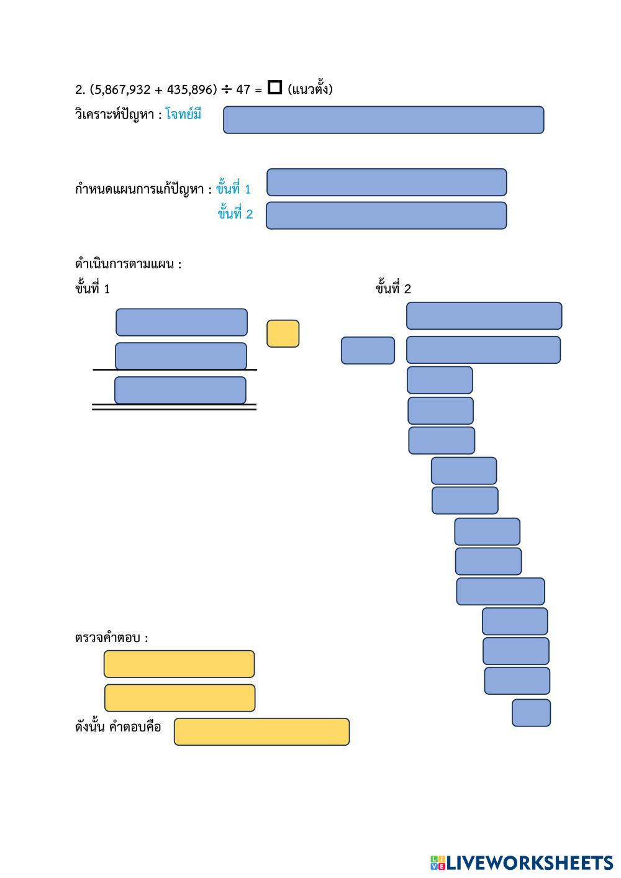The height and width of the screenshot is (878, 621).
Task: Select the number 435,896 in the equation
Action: [x=190, y=90]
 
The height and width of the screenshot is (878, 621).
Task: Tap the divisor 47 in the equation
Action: [x=243, y=90]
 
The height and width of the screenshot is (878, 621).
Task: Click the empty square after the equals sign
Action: [x=274, y=87]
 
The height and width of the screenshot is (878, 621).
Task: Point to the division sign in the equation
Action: [x=226, y=90]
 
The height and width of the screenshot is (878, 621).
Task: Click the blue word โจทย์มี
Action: [x=183, y=114]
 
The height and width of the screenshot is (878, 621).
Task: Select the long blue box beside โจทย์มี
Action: [x=383, y=120]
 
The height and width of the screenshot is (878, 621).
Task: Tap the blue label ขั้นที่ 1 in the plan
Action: [x=233, y=188]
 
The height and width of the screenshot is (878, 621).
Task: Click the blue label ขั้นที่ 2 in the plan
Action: [x=235, y=213]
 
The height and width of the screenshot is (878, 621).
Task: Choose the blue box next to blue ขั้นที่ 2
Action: [x=386, y=215]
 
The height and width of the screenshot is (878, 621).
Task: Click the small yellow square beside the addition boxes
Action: [x=283, y=333]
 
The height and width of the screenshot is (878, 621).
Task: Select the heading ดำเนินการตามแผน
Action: [x=128, y=264]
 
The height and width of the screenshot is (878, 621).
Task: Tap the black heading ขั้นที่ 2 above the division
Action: [x=393, y=288]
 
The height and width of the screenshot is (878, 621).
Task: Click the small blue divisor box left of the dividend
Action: [x=368, y=350]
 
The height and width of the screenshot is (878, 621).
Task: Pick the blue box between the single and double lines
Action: [x=180, y=391]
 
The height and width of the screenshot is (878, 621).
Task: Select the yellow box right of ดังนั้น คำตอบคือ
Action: [x=261, y=732]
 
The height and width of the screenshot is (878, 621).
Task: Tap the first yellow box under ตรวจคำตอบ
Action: [x=179, y=664]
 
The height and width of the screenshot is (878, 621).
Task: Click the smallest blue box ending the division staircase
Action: [x=531, y=713]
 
